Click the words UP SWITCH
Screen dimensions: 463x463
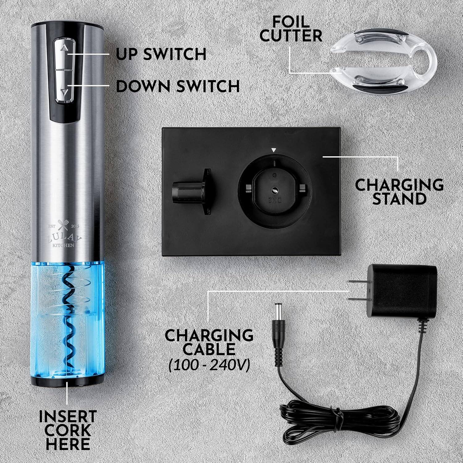tap(161, 54)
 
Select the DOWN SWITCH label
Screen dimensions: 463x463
tap(178, 86)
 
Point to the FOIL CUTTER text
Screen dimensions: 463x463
tap(290, 28)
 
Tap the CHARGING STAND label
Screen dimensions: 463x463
tap(399, 192)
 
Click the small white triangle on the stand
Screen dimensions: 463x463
tap(273, 150)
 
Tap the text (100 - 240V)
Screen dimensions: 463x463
tap(209, 366)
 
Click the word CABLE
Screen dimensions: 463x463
tap(209, 349)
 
